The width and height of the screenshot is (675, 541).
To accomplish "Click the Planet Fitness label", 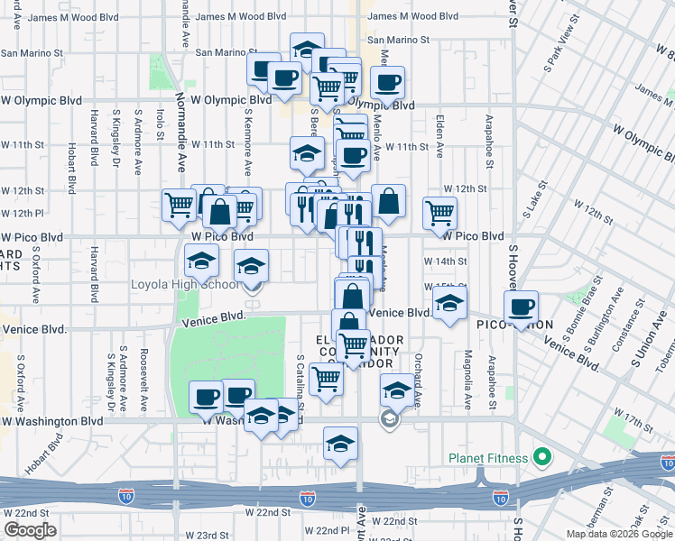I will pos(488,458).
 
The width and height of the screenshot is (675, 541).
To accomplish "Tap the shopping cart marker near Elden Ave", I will pos(439,213).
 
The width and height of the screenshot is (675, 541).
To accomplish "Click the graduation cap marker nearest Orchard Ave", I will pos(397,390).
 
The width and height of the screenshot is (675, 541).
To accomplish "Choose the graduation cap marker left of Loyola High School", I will pos(201,261).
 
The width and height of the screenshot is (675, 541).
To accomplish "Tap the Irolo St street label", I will pos(160,124).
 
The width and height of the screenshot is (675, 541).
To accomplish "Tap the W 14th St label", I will pos(445,261).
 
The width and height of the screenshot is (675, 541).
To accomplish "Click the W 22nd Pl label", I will pos(325,531).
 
